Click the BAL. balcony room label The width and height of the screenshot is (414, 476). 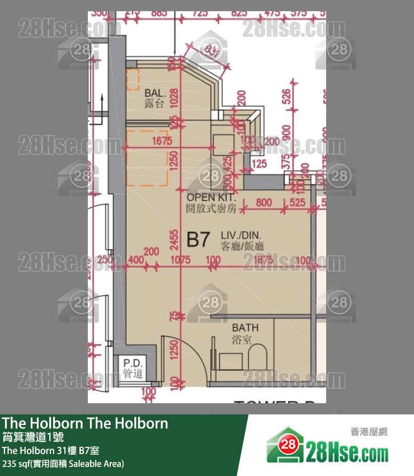(154, 97)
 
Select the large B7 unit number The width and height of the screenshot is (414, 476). (197, 240)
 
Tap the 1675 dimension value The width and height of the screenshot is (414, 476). (162, 141)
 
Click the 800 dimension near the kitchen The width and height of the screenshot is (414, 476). (264, 202)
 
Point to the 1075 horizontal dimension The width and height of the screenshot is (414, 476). (180, 260)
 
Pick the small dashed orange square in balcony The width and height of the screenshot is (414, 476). (133, 80)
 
